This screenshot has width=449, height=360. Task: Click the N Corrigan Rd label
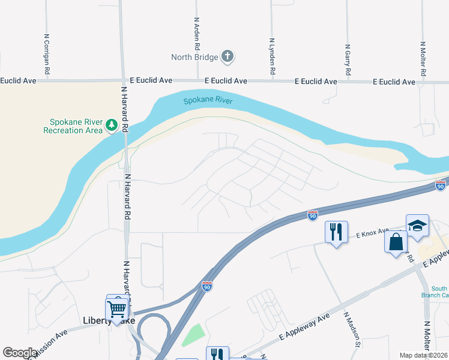pyautogui.click(x=46, y=53)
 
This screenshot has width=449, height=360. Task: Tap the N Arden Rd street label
pyautogui.click(x=196, y=32)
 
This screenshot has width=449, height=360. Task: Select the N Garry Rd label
pyautogui.click(x=348, y=60)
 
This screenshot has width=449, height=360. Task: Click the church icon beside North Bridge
pyautogui.click(x=227, y=57)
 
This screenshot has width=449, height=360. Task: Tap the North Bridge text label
pyautogui.click(x=194, y=58)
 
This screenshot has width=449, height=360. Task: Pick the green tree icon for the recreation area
pyautogui.click(x=111, y=125)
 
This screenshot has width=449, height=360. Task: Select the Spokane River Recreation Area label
pyautogui.click(x=73, y=125)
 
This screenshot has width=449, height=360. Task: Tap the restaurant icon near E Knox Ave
pyautogui.click(x=336, y=232)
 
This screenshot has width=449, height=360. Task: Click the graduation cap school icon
pyautogui.click(x=417, y=225)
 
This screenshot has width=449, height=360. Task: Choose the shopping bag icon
pyautogui.click(x=396, y=243)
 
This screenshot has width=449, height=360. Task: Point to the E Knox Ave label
pyautogui.click(x=372, y=235)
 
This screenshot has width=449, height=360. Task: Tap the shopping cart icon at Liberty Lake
pyautogui.click(x=117, y=310)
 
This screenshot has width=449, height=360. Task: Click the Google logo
pyautogui.click(x=20, y=353)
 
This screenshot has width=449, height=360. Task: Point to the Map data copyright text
pyautogui.click(x=423, y=355)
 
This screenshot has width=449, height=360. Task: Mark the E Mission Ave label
pyautogui.click(x=48, y=338)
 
